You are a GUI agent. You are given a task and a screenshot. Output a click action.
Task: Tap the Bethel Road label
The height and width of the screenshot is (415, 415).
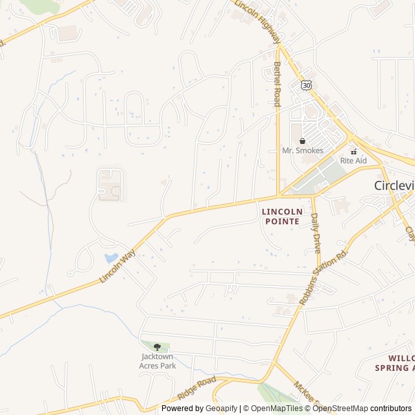(x=277, y=84)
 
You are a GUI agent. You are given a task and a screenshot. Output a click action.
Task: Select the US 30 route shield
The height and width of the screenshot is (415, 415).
(x=306, y=85)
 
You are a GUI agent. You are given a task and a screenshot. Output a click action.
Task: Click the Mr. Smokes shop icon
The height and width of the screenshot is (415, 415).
(x=302, y=141)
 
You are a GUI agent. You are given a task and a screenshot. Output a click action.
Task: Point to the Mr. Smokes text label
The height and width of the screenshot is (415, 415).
(x=302, y=150)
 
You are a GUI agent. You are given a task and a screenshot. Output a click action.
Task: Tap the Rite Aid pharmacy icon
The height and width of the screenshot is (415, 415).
(x=353, y=151)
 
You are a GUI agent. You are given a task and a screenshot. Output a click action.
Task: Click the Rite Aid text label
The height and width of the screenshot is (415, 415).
(x=353, y=160)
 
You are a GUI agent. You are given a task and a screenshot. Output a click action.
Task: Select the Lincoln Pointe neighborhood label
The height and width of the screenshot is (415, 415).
(x=281, y=217)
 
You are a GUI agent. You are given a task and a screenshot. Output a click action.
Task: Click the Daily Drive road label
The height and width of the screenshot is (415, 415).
(x=316, y=233)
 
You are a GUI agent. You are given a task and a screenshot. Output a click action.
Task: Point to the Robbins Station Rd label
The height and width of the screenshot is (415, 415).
(x=324, y=276)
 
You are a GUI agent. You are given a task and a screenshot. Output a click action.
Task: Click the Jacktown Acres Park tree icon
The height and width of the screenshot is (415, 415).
(x=157, y=347)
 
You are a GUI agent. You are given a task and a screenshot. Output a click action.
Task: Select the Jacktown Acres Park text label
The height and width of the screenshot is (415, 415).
(x=157, y=361)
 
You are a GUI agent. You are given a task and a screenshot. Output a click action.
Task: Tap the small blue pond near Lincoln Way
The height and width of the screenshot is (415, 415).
(x=112, y=258)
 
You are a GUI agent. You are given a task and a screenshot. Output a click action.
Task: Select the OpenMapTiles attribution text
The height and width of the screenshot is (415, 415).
(x=278, y=409)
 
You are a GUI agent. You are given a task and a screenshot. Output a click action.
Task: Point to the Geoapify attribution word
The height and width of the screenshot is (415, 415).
(x=221, y=409)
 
